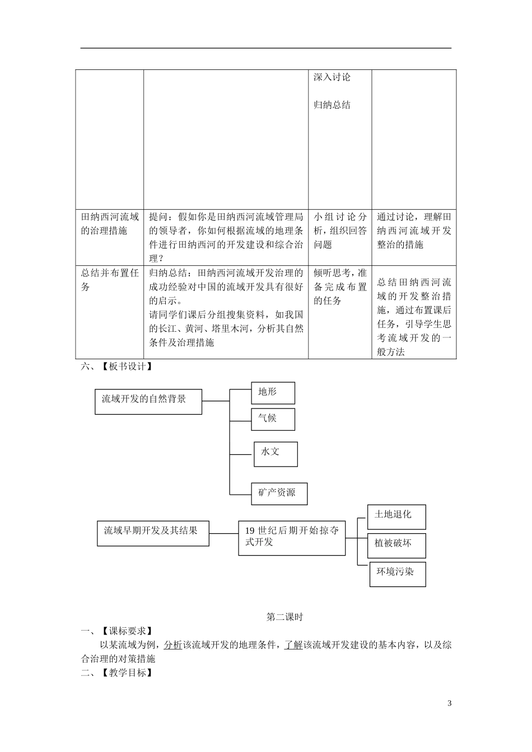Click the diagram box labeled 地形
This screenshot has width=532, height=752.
tap(273, 393)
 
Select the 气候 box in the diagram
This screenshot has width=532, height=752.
tap(273, 419)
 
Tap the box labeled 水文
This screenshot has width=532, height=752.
tap(276, 454)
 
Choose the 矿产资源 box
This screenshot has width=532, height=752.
tap(279, 493)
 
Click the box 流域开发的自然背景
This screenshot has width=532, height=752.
tap(148, 401)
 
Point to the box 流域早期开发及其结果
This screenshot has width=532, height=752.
tap(153, 534)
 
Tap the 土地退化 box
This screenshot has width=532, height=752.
tap(396, 516)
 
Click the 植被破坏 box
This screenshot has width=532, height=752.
tap(396, 546)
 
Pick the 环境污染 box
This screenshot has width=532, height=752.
tap(398, 574)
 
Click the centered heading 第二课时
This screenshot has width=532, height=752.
tap(284, 617)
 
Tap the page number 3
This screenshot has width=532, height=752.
tap(449, 703)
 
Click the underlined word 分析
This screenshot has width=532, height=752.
tap(173, 645)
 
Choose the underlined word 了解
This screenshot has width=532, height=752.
tap(293, 645)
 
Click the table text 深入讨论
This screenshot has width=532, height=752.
tap(332, 77)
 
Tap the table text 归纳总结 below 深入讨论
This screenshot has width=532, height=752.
tap(332, 105)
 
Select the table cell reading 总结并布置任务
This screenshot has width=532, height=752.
tap(110, 280)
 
